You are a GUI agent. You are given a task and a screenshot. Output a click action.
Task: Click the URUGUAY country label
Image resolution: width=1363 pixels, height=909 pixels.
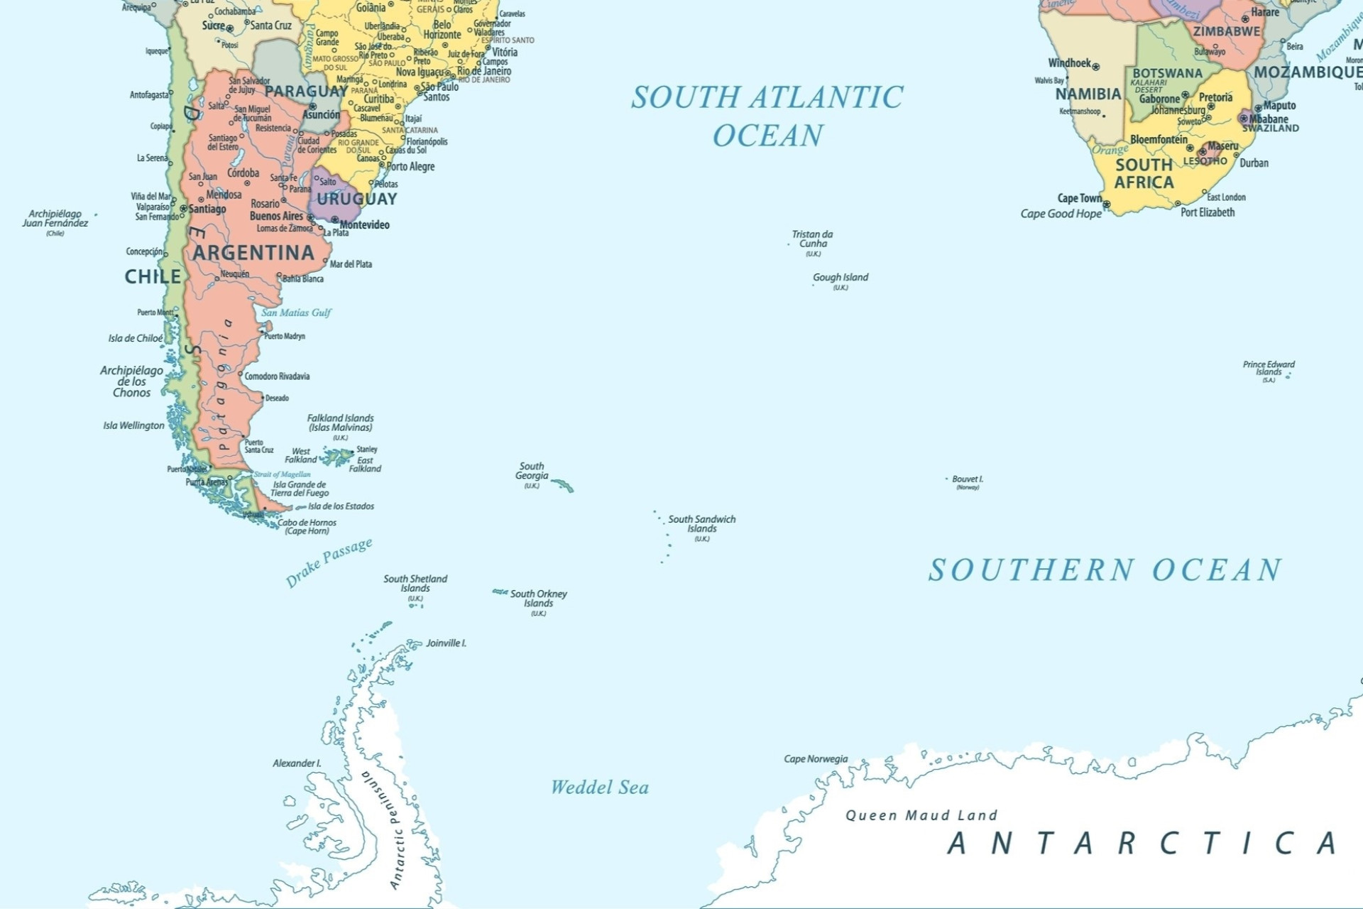coord(356,199)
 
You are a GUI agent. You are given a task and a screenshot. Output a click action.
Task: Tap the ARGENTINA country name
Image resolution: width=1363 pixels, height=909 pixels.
coord(253,253)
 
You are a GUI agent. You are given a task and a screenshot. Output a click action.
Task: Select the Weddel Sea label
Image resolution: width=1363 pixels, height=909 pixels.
coord(600,787)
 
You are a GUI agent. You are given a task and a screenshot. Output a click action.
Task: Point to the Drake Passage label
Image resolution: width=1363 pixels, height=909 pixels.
coord(329,562)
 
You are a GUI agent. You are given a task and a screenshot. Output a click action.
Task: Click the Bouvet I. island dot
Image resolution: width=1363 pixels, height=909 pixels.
coord(946,479)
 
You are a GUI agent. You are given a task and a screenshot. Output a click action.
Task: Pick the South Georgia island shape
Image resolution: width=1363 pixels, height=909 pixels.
coord(564,485)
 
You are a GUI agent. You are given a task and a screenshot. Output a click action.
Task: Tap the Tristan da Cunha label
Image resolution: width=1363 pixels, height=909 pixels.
coord(812,239)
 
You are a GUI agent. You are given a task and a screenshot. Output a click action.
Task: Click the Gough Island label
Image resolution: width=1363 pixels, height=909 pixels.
coord(840,277)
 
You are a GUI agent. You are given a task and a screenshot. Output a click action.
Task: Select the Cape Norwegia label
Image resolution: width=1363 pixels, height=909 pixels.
coord(816,758)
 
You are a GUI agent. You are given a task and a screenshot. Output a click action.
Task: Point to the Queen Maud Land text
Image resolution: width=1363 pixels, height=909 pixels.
coord(921,815)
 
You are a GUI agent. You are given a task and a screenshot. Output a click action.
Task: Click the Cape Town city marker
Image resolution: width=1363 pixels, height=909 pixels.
coord(1106,205)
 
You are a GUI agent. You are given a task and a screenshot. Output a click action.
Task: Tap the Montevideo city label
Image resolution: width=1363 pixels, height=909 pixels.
coord(364,224)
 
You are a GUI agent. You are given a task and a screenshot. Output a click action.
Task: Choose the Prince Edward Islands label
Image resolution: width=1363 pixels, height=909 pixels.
coord(1268,368)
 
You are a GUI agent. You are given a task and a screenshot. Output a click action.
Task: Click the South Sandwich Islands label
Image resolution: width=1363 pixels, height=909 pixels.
coord(701,523)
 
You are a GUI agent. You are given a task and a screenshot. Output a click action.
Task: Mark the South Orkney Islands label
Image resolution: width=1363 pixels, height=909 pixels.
coord(538,598)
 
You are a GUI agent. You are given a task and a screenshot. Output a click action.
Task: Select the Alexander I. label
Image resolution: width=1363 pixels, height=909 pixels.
coord(297,763)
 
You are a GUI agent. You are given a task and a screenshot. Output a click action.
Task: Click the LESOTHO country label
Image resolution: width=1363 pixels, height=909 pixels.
coord(1205,161)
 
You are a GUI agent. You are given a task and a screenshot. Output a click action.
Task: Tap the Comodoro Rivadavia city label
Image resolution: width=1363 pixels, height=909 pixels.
coord(277,376)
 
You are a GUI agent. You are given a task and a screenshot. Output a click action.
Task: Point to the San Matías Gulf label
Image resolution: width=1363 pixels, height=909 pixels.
coord(296,312)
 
